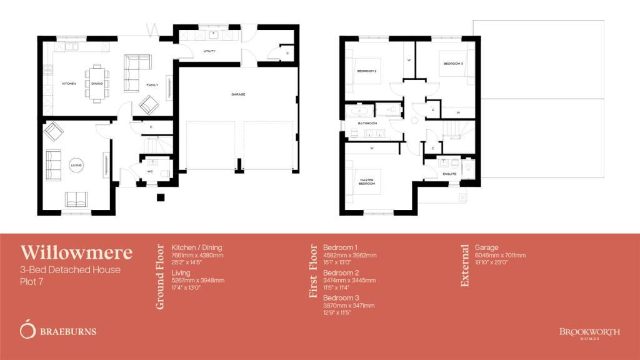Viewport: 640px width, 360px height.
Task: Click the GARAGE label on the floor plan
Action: pyautogui.click(x=237, y=94)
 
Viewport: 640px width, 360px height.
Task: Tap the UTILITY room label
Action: pyautogui.click(x=209, y=51)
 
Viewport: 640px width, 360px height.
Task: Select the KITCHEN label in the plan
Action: pyautogui.click(x=68, y=84)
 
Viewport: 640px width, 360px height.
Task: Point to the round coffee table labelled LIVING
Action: pyautogui.click(x=76, y=165)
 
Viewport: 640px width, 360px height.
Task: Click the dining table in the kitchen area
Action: pyautogui.click(x=97, y=82)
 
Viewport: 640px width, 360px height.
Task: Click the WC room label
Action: pyautogui.click(x=151, y=171)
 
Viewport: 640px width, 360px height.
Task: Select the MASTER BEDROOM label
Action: pyautogui.click(x=366, y=181)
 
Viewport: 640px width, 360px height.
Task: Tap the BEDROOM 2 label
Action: pyautogui.click(x=367, y=71)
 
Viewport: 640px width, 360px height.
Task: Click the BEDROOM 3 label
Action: pyautogui.click(x=453, y=64)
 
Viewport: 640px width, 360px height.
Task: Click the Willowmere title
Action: pyautogui.click(x=76, y=252)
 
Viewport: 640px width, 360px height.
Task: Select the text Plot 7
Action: pyautogui.click(x=31, y=282)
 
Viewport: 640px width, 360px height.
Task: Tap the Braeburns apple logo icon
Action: pyautogui.click(x=27, y=329)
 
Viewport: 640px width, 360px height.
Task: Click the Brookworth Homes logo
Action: pyautogui.click(x=589, y=332)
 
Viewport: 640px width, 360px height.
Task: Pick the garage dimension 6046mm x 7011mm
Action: pyautogui.click(x=500, y=255)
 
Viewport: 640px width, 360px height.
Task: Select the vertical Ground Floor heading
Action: pyautogui.click(x=160, y=276)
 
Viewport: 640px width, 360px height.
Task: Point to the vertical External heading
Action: pyautogui.click(x=464, y=266)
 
